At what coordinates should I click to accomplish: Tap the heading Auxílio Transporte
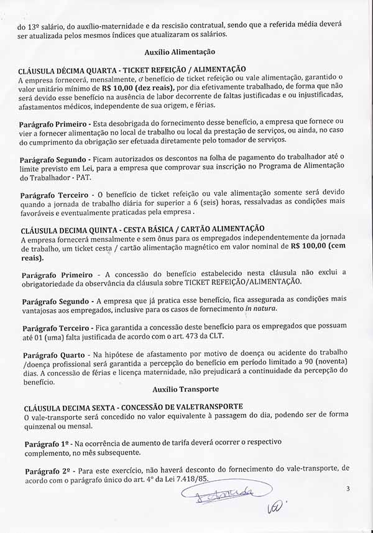tap(185, 389)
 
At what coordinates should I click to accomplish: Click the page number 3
tap(348, 489)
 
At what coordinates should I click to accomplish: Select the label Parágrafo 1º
tap(45, 443)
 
